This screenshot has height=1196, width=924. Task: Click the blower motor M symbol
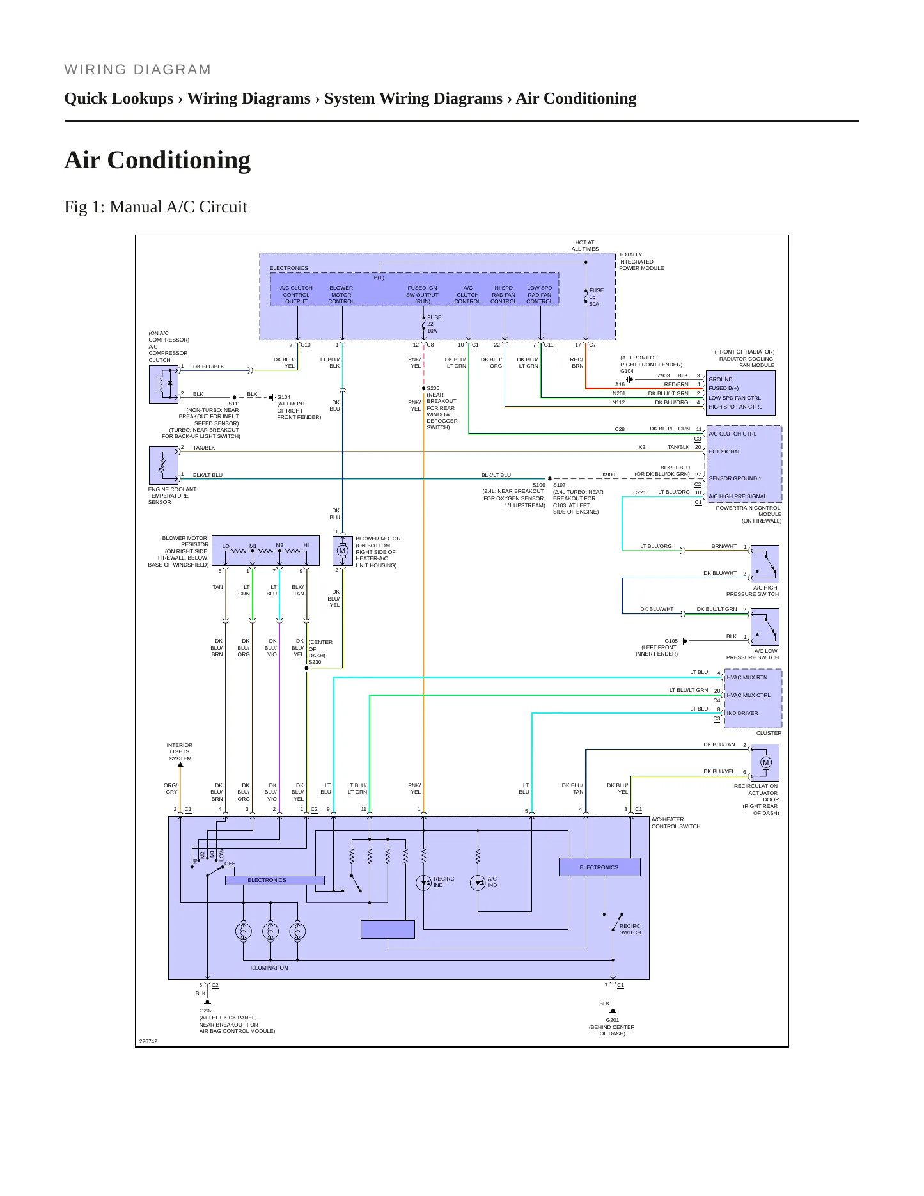coord(342,551)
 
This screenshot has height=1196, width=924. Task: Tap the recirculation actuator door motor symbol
coord(765,762)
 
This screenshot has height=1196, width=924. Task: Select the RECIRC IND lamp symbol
coord(423,883)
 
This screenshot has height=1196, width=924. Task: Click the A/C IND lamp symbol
coord(478,883)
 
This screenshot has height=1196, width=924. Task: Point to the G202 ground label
coord(206,1011)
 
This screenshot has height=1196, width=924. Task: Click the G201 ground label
coord(613,1020)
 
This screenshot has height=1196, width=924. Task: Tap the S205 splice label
coord(433,388)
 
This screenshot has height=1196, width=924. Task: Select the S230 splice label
coord(315,662)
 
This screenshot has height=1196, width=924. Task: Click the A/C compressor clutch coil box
coord(164,384)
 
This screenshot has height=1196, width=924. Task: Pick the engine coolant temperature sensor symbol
coord(164,465)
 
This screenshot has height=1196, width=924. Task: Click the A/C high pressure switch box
coord(765,563)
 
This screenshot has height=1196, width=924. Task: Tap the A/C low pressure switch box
coord(765,627)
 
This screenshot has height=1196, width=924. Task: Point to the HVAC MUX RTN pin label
coord(747,677)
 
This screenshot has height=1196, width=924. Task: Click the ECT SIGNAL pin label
coord(724,452)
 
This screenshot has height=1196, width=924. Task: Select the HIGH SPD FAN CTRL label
coord(735,407)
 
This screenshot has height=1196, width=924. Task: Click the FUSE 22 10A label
coord(434,324)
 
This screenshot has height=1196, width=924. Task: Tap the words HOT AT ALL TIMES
coord(585,246)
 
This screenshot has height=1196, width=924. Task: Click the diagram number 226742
coord(148,1041)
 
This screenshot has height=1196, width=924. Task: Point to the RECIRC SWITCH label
coord(630,929)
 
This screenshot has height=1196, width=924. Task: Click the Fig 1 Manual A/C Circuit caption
coord(155,207)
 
